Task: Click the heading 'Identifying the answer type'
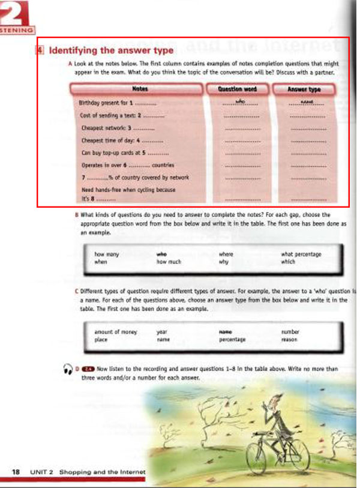[111, 50]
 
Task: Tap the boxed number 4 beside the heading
[40, 50]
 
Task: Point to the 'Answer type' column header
[304, 89]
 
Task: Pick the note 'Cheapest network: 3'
[108, 127]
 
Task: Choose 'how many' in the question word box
[107, 254]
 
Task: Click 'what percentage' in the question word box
[301, 254]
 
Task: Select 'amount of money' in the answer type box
[116, 331]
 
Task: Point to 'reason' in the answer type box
[289, 339]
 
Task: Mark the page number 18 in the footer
[17, 472]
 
